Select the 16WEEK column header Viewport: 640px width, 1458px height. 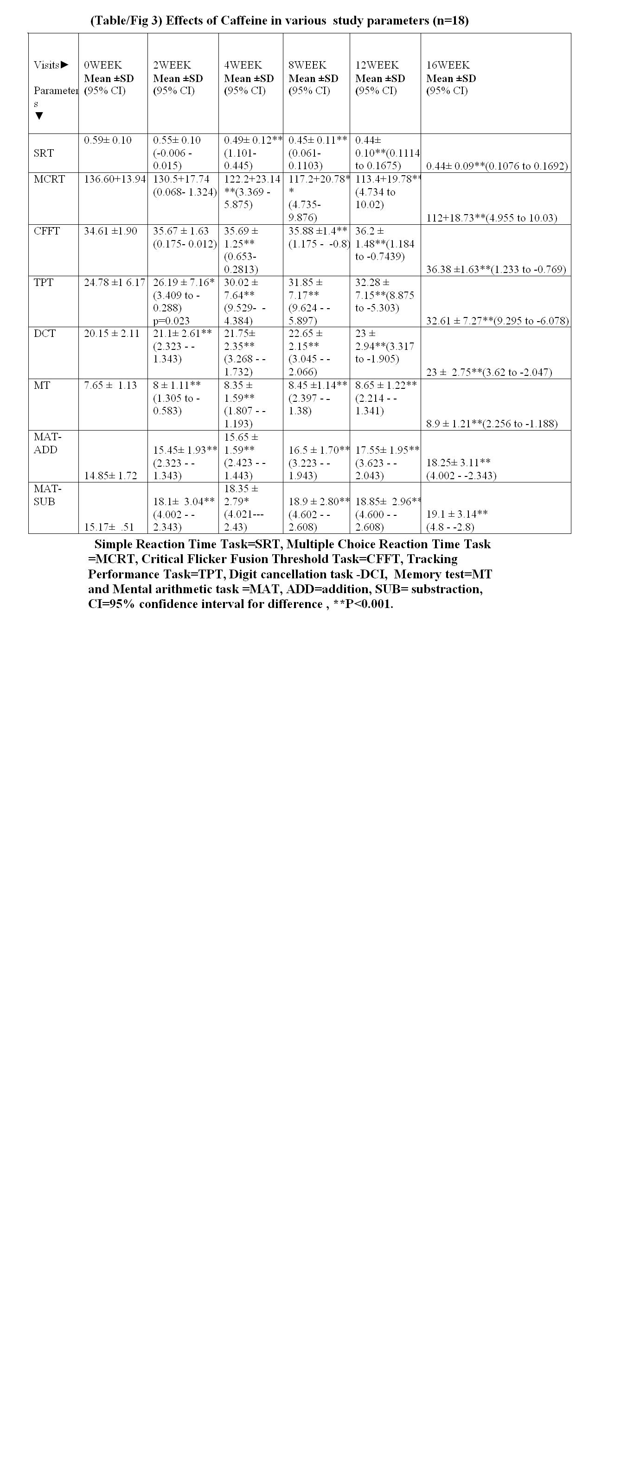pos(448,65)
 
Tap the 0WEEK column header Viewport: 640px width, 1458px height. pos(102,65)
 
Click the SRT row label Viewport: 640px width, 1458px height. pos(44,153)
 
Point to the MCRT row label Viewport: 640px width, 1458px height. pos(49,179)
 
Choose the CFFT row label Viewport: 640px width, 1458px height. pos(46,231)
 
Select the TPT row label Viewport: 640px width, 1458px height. pos(44,282)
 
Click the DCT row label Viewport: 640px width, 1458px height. pos(45,333)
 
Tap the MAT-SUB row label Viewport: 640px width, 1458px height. pos(47,494)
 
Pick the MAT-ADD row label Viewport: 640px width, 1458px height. pos(47,443)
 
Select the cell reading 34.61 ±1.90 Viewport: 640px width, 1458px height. pos(110,231)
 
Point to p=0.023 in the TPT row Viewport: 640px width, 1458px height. pos(171,320)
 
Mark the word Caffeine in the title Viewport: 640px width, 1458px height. pos(245,21)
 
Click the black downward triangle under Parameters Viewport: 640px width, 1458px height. pos(39,116)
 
